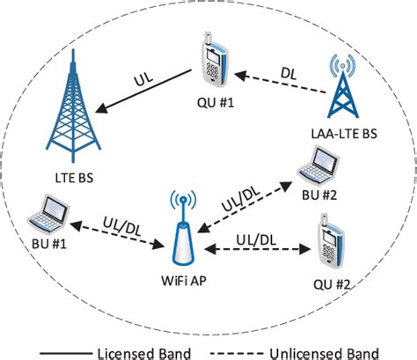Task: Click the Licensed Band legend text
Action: click(x=127, y=350)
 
